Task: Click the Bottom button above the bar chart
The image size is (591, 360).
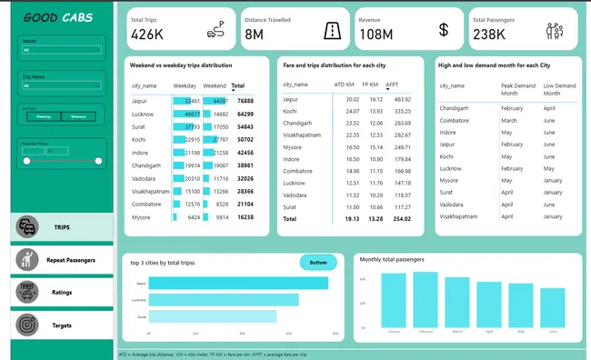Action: [318, 263]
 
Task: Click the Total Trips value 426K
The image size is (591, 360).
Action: [147, 35]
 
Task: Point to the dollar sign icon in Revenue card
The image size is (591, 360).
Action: [444, 30]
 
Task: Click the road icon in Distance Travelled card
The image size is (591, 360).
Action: [333, 30]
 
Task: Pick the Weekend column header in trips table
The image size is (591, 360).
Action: [215, 85]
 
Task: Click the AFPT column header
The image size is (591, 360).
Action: [392, 85]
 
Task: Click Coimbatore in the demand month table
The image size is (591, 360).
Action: [456, 120]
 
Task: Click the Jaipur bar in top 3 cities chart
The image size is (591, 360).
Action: [237, 284]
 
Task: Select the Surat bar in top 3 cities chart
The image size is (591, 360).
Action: [212, 316]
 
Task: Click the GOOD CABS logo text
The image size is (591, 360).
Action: [62, 17]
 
